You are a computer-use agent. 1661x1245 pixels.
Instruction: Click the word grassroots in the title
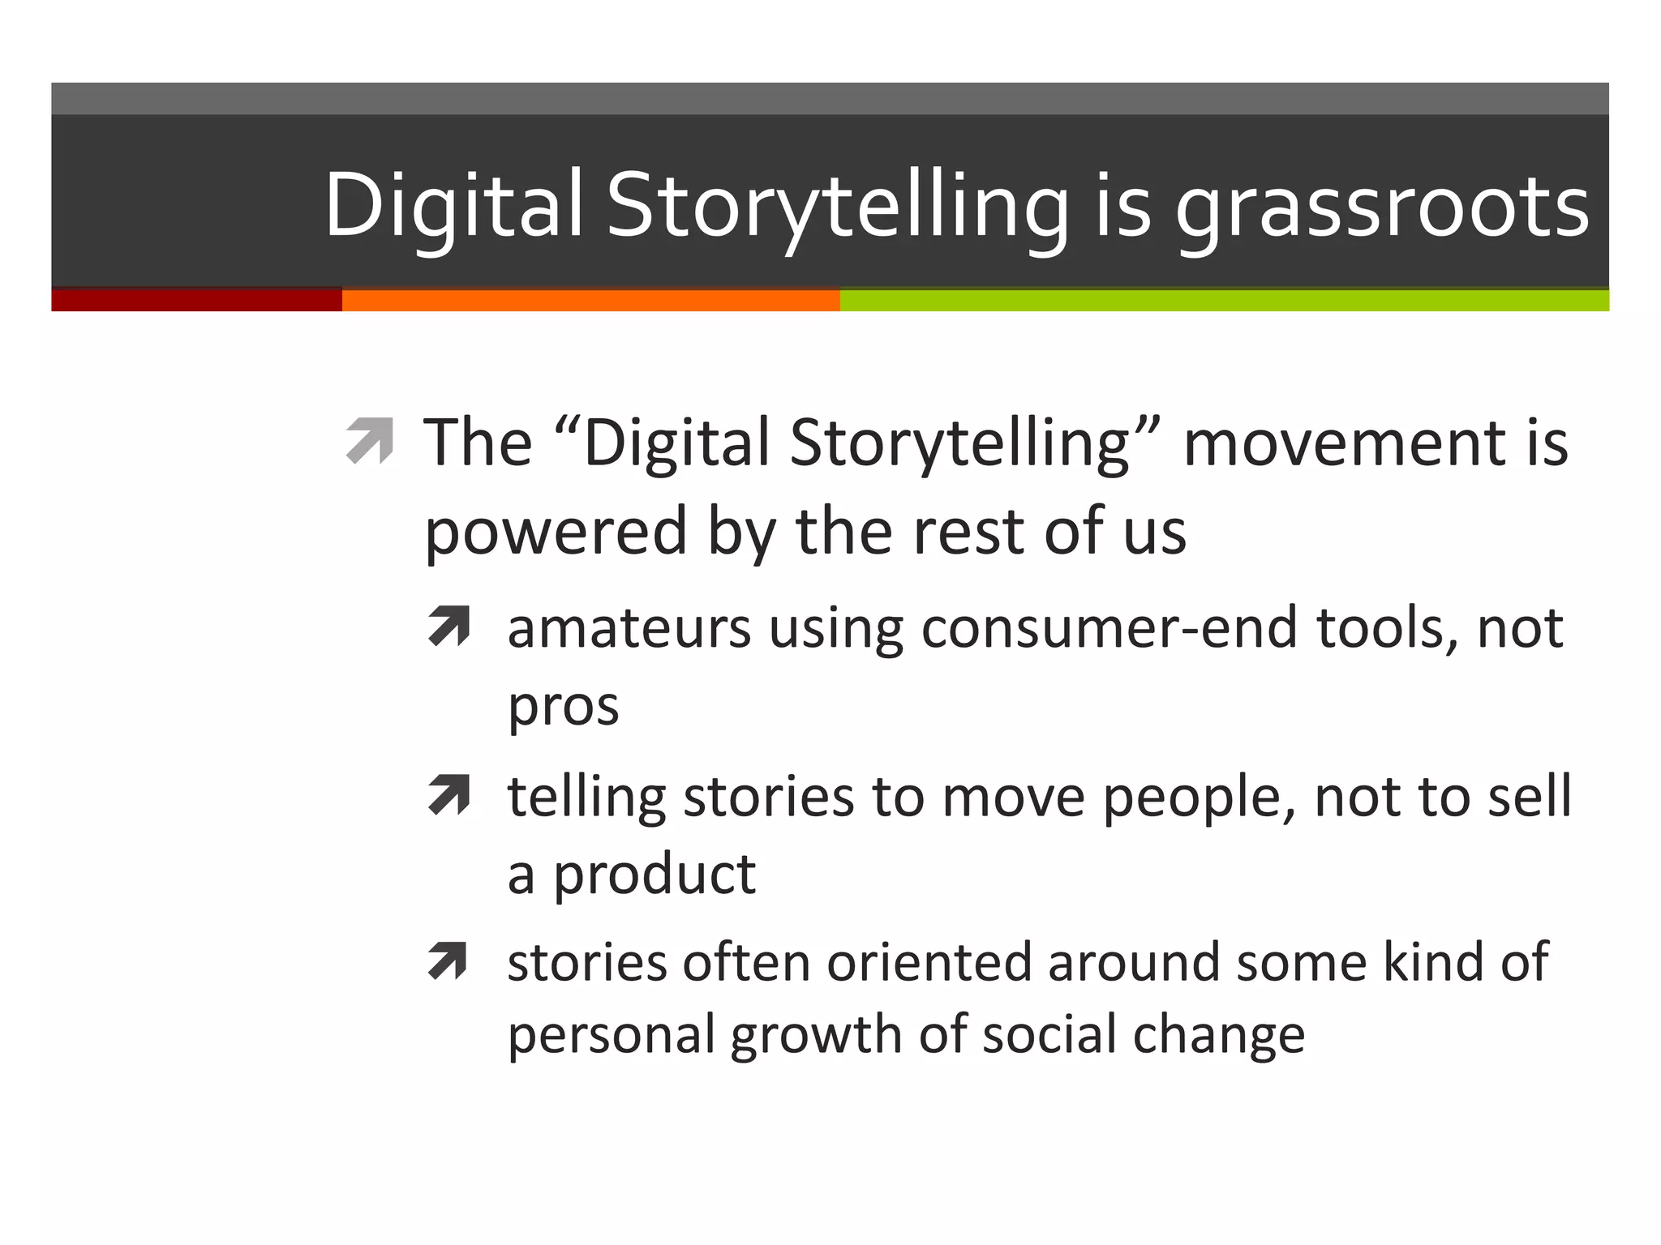pos(1382,207)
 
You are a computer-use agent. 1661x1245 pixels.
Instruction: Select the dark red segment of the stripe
pos(196,301)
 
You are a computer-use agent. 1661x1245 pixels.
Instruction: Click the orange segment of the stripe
pos(590,301)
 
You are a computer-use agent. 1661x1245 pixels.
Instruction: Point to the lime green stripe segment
pos(1225,301)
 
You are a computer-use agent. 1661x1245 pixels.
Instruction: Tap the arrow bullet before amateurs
pos(449,627)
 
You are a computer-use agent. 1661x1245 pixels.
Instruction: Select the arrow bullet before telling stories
pos(449,795)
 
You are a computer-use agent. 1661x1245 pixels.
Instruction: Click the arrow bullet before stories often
pos(448,961)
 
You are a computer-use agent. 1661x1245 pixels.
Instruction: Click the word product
pos(654,876)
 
